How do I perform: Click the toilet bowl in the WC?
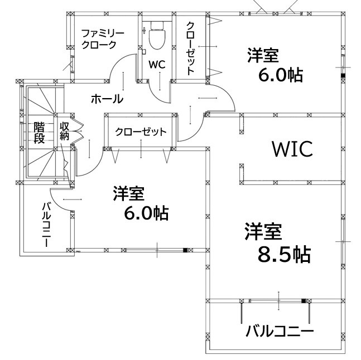pos(157,36)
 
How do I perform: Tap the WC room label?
pos(157,65)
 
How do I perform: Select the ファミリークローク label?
pos(103,39)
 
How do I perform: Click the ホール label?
pos(107,99)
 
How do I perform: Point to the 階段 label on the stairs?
pos(39,133)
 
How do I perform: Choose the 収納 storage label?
pos(64,132)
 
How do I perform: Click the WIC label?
pos(292,149)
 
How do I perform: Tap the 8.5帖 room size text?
pos(284,255)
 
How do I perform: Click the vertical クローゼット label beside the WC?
pos(190,48)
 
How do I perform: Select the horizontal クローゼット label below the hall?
pos(141,132)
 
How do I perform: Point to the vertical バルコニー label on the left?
pos(46,225)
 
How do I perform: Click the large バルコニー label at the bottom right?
pos(280,331)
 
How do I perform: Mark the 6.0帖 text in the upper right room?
pos(281,75)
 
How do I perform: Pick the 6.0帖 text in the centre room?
pos(146,213)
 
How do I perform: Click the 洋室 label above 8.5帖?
pos(263,231)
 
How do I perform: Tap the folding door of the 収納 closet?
pos(78,132)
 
